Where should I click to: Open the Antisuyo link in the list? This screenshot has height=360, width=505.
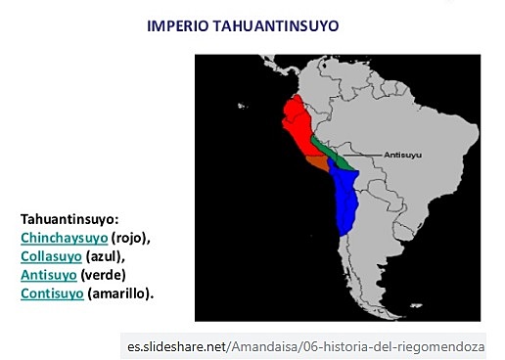48,274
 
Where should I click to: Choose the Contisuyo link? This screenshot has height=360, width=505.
51,292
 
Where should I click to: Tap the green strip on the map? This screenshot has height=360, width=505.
328,151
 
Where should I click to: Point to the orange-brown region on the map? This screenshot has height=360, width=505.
316,162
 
